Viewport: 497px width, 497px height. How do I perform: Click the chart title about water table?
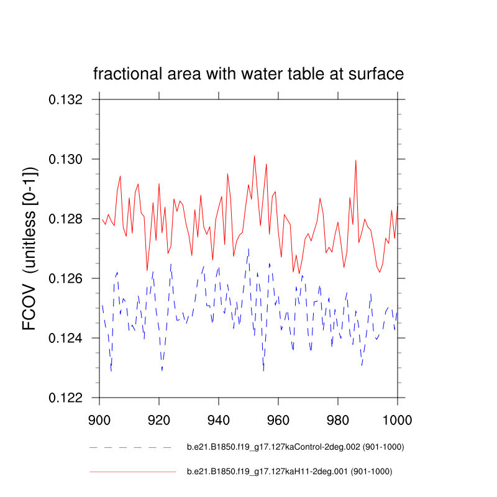pyautogui.click(x=248, y=74)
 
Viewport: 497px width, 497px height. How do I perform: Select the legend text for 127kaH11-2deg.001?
pyautogui.click(x=290, y=472)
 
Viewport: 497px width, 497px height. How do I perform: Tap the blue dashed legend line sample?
pyautogui.click(x=130, y=447)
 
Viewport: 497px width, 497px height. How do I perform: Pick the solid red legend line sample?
pyautogui.click(x=133, y=472)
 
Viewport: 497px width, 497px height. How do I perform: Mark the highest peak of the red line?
pyautogui.click(x=254, y=156)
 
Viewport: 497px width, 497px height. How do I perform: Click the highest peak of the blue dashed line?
pyautogui.click(x=248, y=249)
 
